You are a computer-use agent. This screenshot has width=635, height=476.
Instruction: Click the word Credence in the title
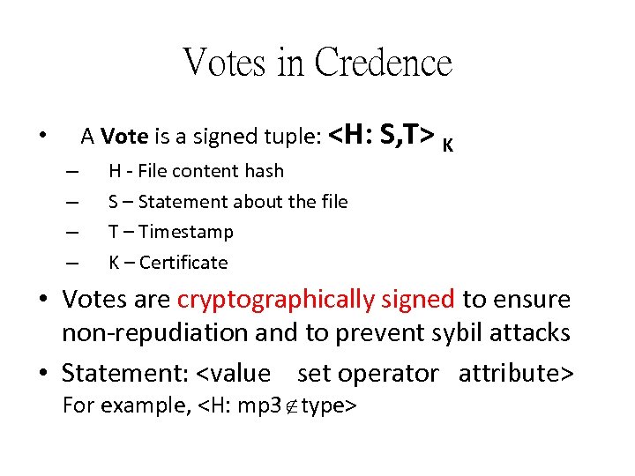coord(383,63)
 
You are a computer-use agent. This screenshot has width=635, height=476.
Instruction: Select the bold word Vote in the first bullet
coord(124,137)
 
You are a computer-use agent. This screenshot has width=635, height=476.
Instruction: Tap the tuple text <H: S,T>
coord(381,135)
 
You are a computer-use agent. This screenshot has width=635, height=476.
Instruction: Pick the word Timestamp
coord(186,232)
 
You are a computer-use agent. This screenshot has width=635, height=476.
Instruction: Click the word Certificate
coord(183,263)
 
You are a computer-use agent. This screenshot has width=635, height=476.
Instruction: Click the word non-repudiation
coord(142,333)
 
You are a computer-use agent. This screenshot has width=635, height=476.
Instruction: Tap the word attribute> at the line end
coord(517,373)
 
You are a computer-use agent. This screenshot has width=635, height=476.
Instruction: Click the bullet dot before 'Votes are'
coord(44,300)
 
